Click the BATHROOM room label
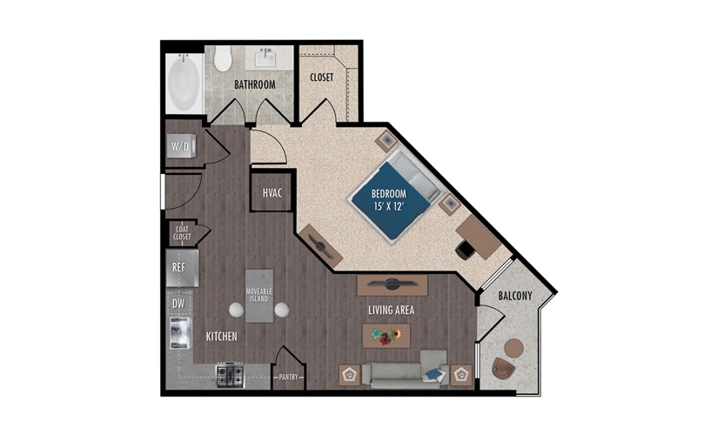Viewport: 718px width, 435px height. [x=255, y=84]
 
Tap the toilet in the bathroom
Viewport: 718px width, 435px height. [x=223, y=58]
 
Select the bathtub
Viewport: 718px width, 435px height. [x=185, y=83]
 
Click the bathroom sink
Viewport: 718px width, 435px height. [x=265, y=58]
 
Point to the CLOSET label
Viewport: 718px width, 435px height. [x=321, y=77]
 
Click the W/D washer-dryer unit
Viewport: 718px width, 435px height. [x=181, y=146]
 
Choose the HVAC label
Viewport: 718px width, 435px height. [x=272, y=193]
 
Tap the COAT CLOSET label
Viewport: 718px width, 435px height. [x=182, y=233]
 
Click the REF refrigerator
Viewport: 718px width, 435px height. [x=182, y=268]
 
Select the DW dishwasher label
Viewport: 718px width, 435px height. [x=178, y=303]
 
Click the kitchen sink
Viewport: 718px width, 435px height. [x=180, y=333]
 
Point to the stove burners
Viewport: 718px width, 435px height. [x=230, y=375]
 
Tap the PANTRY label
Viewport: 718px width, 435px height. [x=288, y=378]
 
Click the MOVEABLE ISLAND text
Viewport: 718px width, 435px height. [x=259, y=295]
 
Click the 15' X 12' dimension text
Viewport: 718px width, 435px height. [x=389, y=206]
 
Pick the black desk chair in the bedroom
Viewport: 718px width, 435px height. [x=466, y=250]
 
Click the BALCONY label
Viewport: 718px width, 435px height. [x=515, y=296]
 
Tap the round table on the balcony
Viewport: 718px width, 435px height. [x=513, y=348]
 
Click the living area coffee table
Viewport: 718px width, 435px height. [x=386, y=336]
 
